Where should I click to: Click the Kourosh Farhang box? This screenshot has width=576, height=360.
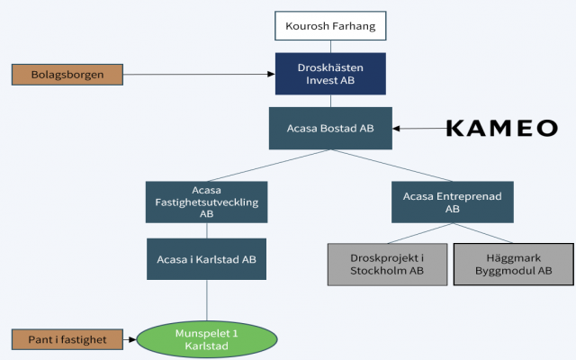pyautogui.click(x=331, y=27)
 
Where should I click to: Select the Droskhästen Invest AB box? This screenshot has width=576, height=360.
pyautogui.click(x=331, y=73)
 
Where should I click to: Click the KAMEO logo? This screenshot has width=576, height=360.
pyautogui.click(x=501, y=128)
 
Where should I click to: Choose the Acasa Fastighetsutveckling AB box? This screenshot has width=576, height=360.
pyautogui.click(x=206, y=202)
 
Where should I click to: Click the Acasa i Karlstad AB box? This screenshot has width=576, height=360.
pyautogui.click(x=206, y=259)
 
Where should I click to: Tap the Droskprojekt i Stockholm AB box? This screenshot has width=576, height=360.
pyautogui.click(x=386, y=264)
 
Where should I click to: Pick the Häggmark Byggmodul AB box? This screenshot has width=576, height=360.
pyautogui.click(x=513, y=264)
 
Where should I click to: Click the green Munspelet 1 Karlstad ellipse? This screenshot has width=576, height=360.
pyautogui.click(x=208, y=340)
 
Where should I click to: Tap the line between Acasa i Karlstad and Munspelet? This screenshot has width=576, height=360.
pyautogui.click(x=208, y=301)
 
